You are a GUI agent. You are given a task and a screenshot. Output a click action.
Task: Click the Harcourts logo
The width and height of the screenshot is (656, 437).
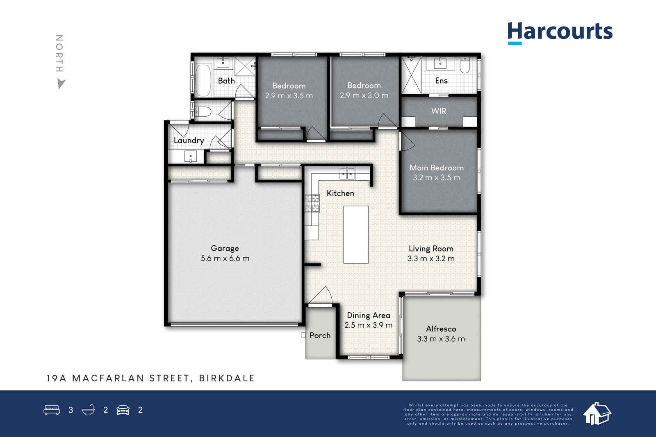(560, 33)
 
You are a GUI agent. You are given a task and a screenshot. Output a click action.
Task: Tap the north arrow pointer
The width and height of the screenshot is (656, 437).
(61, 84)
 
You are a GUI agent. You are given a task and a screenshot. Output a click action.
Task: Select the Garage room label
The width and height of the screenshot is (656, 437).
(225, 248)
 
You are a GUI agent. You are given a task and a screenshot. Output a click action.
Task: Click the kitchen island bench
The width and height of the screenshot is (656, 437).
(356, 235)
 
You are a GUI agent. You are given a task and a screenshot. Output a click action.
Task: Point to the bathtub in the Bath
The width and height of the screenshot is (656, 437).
(203, 80)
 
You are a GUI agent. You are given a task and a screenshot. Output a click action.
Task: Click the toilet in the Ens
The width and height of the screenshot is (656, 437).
(465, 65)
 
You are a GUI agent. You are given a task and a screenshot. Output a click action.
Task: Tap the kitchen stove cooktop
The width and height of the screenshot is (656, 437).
(312, 203)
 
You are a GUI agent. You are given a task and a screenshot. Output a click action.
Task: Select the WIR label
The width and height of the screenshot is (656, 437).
(439, 111)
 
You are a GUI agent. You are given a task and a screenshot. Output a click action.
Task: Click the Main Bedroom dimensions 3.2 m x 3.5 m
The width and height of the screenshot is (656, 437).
(437, 178)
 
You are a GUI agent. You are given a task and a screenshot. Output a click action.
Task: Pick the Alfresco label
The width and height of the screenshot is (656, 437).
(441, 329)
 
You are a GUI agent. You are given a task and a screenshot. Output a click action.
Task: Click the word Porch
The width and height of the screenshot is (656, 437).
(320, 335)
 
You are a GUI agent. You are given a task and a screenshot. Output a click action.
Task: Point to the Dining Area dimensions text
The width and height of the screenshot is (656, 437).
(369, 325)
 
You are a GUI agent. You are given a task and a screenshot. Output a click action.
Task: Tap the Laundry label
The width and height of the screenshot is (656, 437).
(189, 141)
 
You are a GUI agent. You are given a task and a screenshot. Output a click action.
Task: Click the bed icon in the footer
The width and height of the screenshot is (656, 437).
(52, 410)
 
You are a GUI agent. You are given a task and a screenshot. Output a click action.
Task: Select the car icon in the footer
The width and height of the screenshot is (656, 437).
(123, 410)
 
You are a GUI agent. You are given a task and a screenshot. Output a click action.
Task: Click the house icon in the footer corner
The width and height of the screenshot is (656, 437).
(597, 414)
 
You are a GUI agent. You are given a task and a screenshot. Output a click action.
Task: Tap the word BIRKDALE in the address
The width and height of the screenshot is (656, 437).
(227, 378)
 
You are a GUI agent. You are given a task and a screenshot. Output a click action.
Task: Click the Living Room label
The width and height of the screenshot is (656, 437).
(431, 249)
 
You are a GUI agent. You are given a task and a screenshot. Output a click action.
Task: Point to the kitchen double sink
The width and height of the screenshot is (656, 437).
(347, 174)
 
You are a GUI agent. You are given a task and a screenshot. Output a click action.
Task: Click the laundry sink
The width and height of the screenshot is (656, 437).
(191, 157)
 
